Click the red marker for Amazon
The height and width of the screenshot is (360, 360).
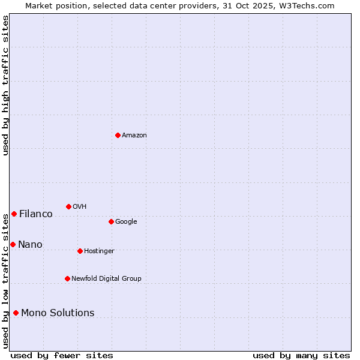pyautogui.click(x=118, y=135)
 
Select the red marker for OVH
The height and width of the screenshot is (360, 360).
pyautogui.click(x=68, y=206)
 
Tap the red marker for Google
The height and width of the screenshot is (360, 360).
pyautogui.click(x=111, y=221)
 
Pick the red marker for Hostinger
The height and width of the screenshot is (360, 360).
pyautogui.click(x=80, y=251)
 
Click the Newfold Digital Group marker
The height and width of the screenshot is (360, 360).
pyautogui.click(x=67, y=278)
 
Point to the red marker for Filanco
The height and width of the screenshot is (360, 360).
pyautogui.click(x=14, y=214)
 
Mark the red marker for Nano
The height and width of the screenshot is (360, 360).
pyautogui.click(x=13, y=244)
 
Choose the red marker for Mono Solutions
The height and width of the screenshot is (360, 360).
pyautogui.click(x=16, y=313)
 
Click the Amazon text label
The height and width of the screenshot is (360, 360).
pyautogui.click(x=134, y=135)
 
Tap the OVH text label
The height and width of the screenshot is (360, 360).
pyautogui.click(x=80, y=206)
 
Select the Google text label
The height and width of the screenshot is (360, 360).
pyautogui.click(x=126, y=221)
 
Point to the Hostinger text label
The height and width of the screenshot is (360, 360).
pyautogui.click(x=99, y=251)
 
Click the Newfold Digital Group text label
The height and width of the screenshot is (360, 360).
pyautogui.click(x=106, y=278)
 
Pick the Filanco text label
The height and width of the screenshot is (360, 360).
pyautogui.click(x=36, y=214)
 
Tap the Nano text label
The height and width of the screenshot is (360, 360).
pyautogui.click(x=30, y=244)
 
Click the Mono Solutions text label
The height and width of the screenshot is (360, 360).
pyautogui.click(x=58, y=313)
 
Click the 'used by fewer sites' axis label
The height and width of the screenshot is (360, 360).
pyautogui.click(x=62, y=355)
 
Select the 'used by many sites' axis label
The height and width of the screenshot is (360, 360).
pyautogui.click(x=301, y=355)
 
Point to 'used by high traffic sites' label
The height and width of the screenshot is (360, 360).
pyautogui.click(x=5, y=85)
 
